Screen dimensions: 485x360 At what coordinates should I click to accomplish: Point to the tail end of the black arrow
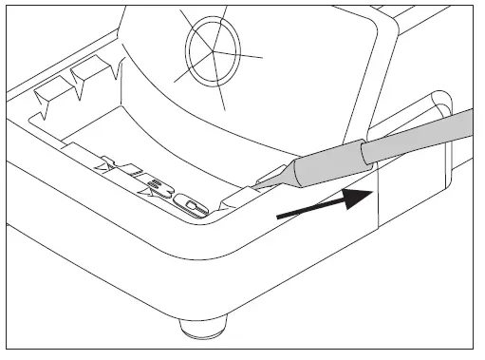(278, 218)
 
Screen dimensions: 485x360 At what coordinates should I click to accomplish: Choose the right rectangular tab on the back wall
(91, 72)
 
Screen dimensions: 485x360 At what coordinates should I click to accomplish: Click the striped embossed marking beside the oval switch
(142, 180)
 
